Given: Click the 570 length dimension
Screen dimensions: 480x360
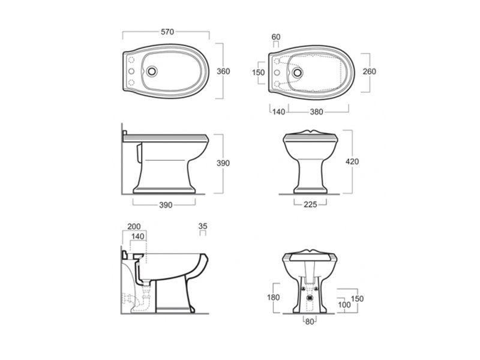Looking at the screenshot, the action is (167, 32).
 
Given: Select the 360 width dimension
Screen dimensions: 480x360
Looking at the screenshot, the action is (223, 71).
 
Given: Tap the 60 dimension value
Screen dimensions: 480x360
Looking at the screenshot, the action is (276, 37).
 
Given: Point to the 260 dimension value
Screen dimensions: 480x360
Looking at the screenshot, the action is (369, 71).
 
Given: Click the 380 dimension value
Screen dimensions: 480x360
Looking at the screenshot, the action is (316, 112).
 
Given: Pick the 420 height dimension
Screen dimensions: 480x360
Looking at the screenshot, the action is (352, 161).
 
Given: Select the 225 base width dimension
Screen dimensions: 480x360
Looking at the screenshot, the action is (310, 205).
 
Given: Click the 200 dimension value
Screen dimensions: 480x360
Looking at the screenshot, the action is (134, 227).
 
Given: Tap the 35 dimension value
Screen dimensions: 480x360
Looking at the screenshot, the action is (203, 226).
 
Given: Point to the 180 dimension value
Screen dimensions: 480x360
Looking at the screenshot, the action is (274, 297).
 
